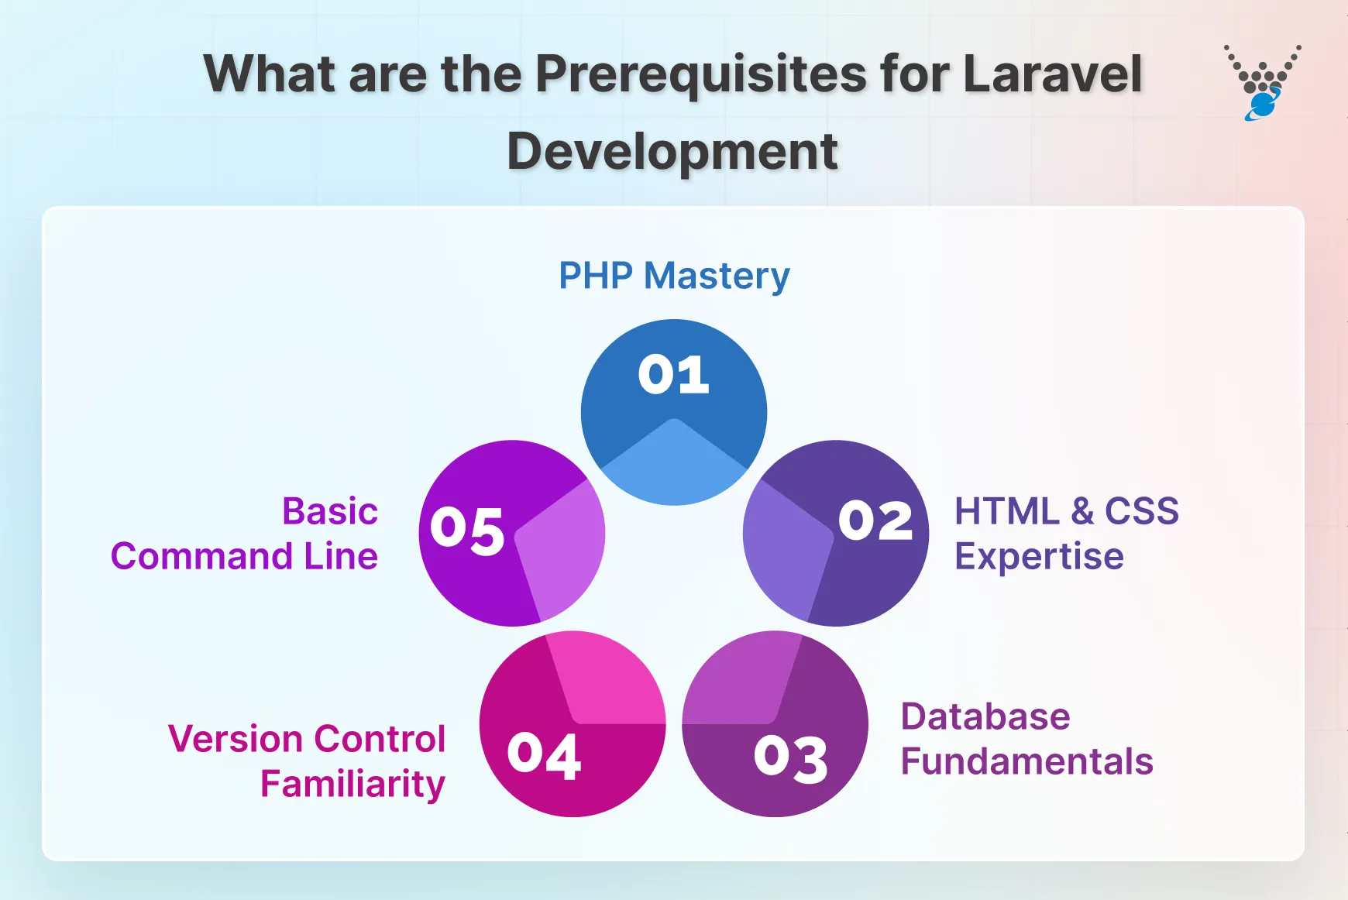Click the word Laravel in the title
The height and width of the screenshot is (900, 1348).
point(1052,74)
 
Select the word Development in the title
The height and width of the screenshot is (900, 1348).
point(672,151)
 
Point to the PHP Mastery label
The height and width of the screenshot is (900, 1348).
point(674,276)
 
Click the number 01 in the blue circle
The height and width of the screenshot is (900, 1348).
point(673,375)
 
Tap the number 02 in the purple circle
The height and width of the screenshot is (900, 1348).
point(875,520)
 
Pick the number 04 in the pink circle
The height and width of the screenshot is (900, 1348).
point(544,755)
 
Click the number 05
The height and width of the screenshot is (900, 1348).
point(467,531)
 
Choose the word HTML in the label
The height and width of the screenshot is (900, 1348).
point(1006,511)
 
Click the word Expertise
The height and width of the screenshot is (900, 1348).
point(1039,556)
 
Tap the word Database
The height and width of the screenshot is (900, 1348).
point(985,716)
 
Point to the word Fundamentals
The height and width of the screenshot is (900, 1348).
point(1026,761)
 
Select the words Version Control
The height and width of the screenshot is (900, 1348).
point(307,739)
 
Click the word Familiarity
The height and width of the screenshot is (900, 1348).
point(352,784)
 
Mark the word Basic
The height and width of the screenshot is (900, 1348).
point(330,511)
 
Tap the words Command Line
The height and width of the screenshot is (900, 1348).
point(244,556)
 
